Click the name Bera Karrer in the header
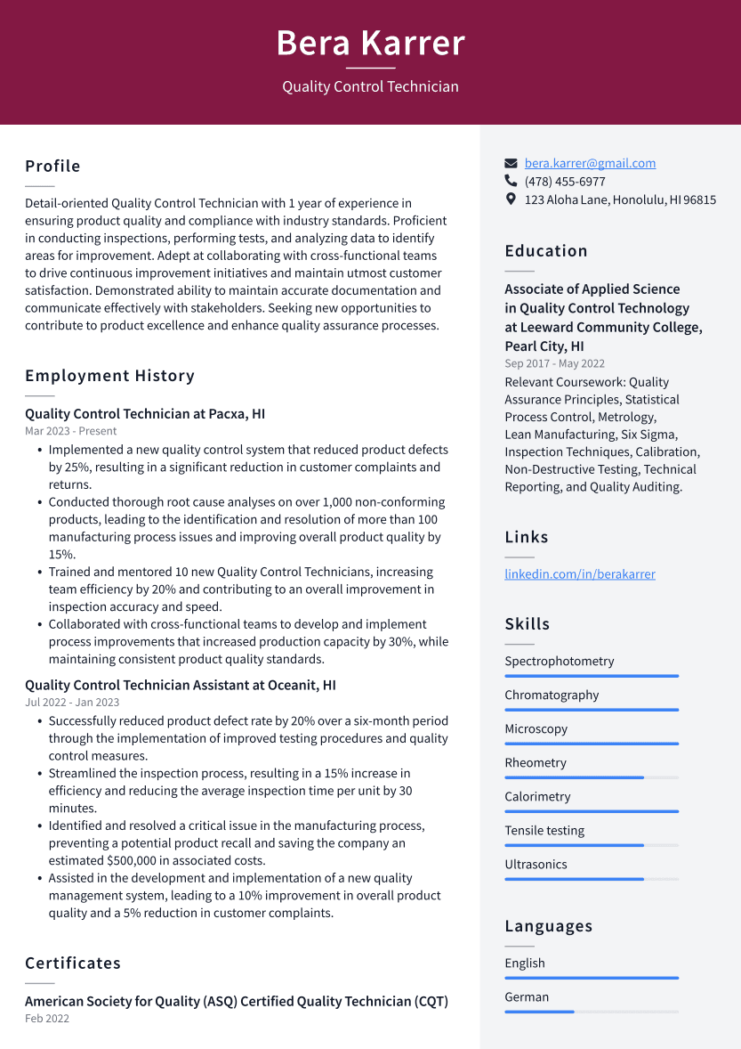[370, 43]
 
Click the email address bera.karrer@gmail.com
[590, 163]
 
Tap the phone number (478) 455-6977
[565, 181]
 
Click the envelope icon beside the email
[511, 163]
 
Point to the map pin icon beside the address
[511, 199]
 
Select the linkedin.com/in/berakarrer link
[579, 574]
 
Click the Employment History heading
[109, 376]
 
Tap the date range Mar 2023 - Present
[70, 431]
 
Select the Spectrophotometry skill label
[559, 661]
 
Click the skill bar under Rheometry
[591, 777]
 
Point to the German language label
[527, 997]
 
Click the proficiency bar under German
[591, 1012]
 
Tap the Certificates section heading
[73, 964]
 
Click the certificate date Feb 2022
[47, 1019]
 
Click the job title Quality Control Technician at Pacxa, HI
[145, 414]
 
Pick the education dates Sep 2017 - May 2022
[554, 363]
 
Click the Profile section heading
[52, 167]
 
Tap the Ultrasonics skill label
[536, 864]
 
